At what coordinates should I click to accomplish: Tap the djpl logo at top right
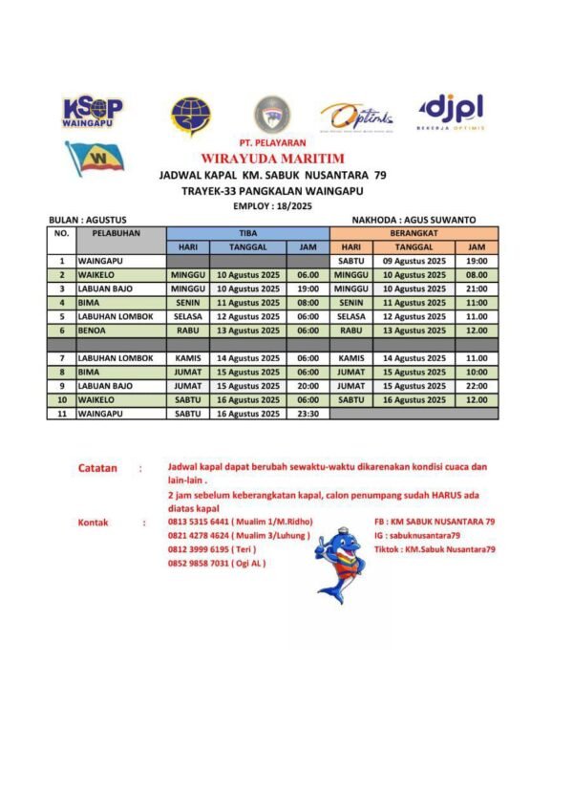(451, 111)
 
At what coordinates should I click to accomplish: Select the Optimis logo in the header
(356, 118)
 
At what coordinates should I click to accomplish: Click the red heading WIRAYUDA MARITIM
(272, 159)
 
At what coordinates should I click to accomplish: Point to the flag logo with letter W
(94, 157)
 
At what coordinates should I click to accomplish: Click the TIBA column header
(247, 232)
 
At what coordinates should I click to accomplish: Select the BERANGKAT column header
(413, 232)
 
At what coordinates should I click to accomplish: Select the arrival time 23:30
(308, 414)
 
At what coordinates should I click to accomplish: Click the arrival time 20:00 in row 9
(308, 385)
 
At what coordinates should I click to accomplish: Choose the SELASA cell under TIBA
(187, 316)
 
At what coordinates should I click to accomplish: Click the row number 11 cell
(62, 414)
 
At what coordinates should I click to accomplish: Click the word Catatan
(97, 469)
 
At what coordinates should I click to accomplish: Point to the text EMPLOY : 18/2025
(272, 206)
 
